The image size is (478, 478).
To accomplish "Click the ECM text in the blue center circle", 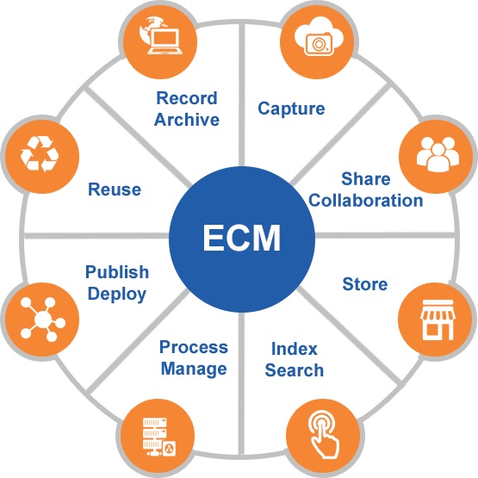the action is tap(241, 238).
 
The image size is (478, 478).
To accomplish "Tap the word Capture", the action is tap(291, 109).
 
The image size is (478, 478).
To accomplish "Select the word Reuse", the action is tap(115, 189).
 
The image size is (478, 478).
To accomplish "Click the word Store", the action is tap(365, 284).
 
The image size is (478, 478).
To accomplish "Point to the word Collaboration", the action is tap(366, 201).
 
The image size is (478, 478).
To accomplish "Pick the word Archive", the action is tap(187, 119).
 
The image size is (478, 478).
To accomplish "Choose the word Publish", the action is tap(117, 272).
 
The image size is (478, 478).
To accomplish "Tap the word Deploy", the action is tap(117, 295).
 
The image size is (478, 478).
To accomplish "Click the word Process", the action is tap(194, 347).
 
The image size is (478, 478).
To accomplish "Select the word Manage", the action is tap(194, 369).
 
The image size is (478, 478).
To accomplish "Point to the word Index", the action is tap(295, 349).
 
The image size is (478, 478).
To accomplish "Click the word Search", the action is tap(295, 370).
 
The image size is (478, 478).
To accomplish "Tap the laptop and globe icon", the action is tap(161, 35).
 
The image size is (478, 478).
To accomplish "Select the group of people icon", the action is tap(438, 154).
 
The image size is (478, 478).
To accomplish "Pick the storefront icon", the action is tap(438, 320).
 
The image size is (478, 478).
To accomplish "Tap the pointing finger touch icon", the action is tap(324, 434).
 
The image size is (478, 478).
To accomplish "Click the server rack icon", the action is tap(159, 437).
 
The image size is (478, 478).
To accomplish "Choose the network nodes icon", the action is tap(43, 319).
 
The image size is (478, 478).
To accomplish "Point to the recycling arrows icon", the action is tap(40, 153).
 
